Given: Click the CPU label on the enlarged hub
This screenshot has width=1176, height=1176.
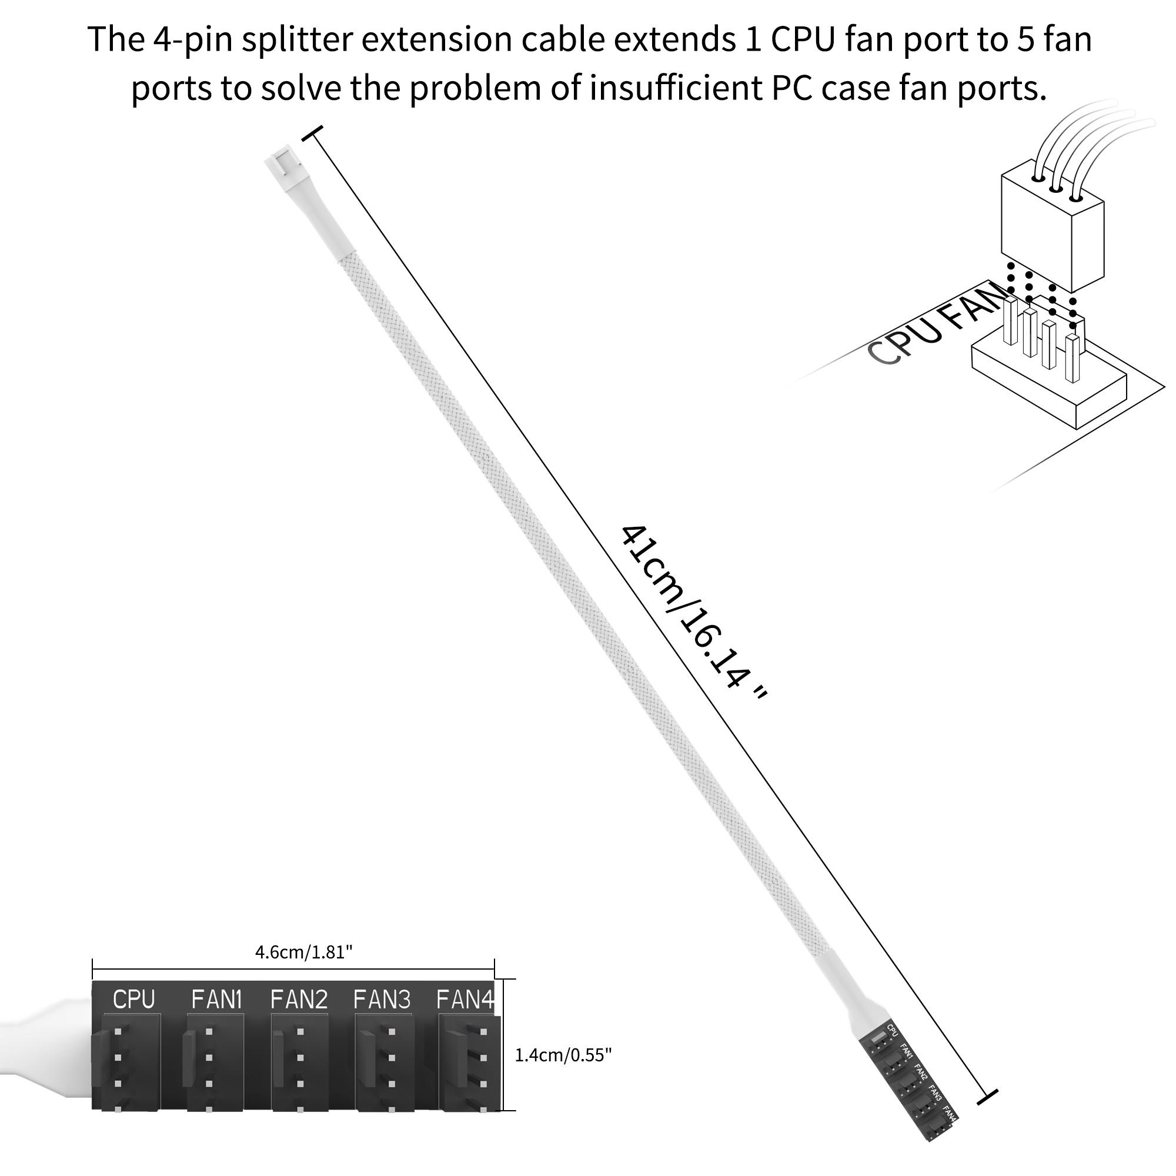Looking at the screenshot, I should click(134, 1000).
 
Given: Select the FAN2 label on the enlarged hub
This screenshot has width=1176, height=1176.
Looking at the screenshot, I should click(299, 1000).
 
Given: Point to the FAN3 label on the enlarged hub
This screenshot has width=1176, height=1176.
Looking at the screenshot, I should click(382, 1000).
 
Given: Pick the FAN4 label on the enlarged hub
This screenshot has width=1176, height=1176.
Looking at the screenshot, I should click(465, 1000).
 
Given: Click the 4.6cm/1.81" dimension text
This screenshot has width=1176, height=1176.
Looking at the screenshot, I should click(304, 952).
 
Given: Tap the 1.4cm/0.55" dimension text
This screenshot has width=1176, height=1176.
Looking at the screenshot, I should click(563, 1055).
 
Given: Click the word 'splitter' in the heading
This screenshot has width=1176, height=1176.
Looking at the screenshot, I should click(296, 39).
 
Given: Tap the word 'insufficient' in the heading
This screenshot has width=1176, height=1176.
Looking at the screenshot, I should click(675, 88).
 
